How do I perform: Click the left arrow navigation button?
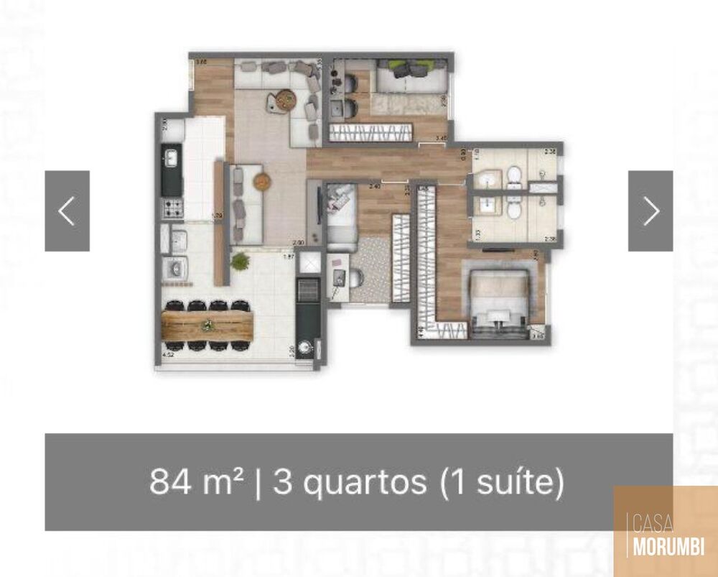(67, 211)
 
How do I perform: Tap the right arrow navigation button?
(651, 211)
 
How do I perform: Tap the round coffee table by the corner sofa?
(284, 100)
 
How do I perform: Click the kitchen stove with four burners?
(172, 209)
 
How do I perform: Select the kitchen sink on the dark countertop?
(171, 157)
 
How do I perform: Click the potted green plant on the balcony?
(240, 261)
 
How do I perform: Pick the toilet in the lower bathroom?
(513, 208)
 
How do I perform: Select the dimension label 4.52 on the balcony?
(169, 354)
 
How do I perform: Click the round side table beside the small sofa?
(260, 182)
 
